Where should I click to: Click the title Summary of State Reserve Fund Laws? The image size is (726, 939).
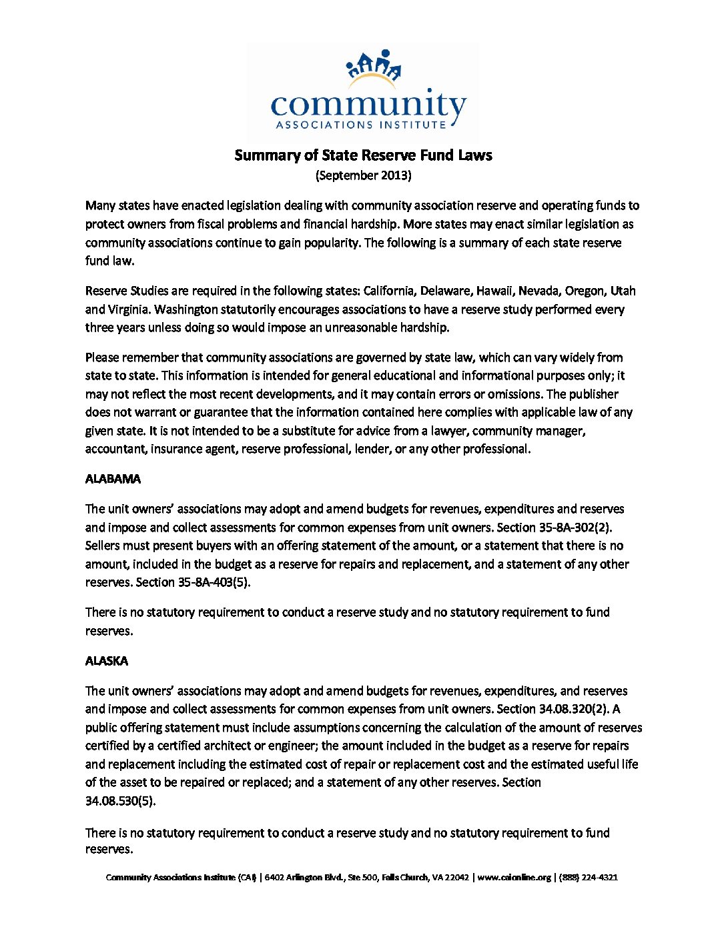point(363,155)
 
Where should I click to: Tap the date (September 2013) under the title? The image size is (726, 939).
point(363,175)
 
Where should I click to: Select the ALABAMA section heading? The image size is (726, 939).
point(113,479)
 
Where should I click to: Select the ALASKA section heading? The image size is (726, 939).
point(107,661)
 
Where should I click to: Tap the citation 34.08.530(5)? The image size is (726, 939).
point(120,801)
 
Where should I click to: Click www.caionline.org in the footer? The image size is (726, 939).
point(514,878)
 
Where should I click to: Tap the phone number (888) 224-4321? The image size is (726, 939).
point(589,878)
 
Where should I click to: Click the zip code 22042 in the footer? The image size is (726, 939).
point(457,878)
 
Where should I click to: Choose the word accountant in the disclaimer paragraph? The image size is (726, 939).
point(115,449)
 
